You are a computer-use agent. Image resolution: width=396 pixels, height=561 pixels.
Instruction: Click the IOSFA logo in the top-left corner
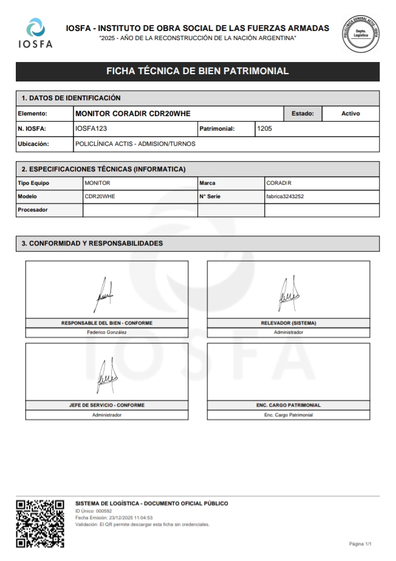pos(36,33)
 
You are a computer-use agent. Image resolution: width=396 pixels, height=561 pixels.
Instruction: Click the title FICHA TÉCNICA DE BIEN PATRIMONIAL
pos(197,71)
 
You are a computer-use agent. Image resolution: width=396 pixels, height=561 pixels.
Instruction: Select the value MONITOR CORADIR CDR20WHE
pos(128,114)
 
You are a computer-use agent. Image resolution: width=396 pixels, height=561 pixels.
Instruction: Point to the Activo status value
pos(350,114)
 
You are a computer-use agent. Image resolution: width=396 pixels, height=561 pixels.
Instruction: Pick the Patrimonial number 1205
pos(265,129)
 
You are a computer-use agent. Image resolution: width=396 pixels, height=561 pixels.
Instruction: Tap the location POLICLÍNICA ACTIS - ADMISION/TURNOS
pos(135,144)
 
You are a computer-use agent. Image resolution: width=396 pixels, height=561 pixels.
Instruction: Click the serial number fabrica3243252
pos(285,196)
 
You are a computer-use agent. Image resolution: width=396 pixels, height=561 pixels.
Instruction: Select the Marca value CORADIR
pos(279,182)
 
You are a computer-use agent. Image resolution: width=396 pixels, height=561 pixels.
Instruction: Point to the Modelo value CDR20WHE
pos(100,196)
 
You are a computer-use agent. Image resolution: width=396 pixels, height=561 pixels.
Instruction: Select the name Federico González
pos(107,332)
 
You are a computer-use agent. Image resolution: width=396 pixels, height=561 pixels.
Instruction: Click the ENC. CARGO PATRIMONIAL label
pos(288,405)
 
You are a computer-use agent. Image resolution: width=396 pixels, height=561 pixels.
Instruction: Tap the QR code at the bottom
pos(39,523)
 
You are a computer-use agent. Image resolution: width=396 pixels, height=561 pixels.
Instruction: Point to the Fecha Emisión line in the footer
pos(114,518)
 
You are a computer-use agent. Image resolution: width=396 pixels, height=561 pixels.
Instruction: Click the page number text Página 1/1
pos(360,543)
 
